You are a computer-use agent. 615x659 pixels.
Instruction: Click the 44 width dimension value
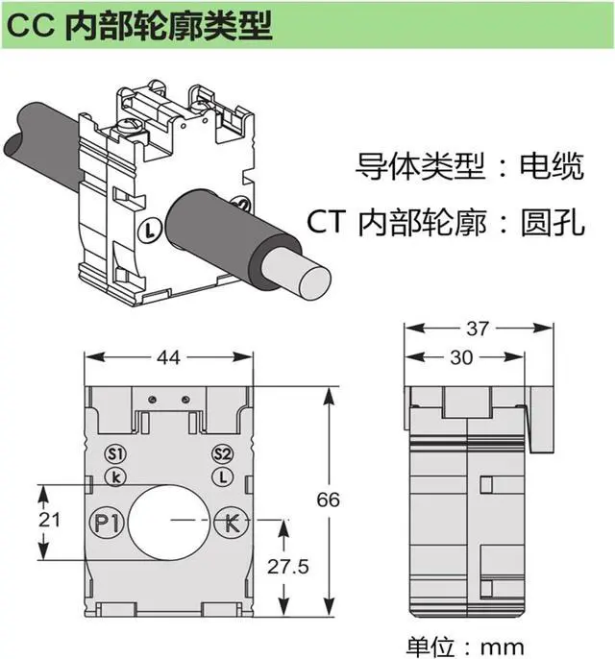tap(169, 358)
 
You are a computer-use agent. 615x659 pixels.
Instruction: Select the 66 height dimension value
tap(329, 500)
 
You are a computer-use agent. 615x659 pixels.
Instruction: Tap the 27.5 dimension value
tap(287, 567)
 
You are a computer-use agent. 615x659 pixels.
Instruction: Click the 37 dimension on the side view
tap(478, 329)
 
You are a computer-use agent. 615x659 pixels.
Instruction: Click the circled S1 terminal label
tap(115, 453)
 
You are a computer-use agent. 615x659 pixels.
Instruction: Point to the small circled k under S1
tap(115, 476)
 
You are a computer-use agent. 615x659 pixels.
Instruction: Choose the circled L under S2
tap(223, 476)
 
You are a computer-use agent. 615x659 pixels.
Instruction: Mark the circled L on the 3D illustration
tap(148, 230)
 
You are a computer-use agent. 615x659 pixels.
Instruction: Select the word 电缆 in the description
tap(551, 168)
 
